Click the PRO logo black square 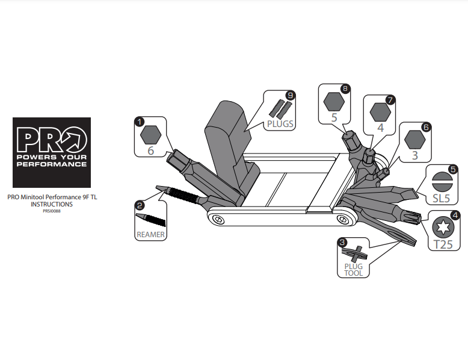52,152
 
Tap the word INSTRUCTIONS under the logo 52,204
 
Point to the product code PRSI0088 52,211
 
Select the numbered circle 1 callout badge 140,122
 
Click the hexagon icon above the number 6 151,135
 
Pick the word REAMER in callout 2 150,235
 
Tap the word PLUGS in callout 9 280,123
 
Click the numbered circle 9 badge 290,96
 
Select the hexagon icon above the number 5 334,102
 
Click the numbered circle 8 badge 345,88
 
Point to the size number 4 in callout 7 380,128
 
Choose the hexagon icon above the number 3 415,140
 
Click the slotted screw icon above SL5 442,181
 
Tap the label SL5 442,199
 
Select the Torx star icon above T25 443,228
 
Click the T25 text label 443,244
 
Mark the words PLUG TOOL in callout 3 354,270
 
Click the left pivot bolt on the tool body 219,220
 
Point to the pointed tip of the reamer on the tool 156,187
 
